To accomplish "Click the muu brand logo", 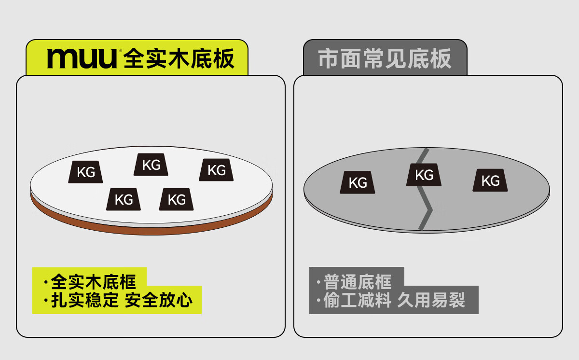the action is coord(82,59).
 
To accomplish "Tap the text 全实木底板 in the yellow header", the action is coord(179,59).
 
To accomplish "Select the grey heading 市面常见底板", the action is coord(385,59).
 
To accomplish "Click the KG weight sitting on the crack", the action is coord(424,175).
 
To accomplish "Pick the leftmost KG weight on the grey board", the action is coord(357,182).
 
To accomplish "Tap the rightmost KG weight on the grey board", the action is coord(490,180).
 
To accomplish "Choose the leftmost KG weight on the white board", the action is coord(85,172).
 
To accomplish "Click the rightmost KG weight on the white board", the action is coord(216,170).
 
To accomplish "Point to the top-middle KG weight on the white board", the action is coord(151,165).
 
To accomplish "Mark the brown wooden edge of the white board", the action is coord(152,231).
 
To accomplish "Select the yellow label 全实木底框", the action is coord(93,282).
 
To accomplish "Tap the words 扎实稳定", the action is coord(84,300).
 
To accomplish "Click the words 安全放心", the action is coord(158,300).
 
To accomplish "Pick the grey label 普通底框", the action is coord(358,282).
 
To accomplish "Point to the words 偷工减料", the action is coord(357,300).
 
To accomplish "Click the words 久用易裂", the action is coord(431,300).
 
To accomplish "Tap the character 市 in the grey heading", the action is coord(328,59).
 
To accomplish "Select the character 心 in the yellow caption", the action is coord(184,300).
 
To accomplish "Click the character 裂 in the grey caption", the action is coord(457,300).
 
